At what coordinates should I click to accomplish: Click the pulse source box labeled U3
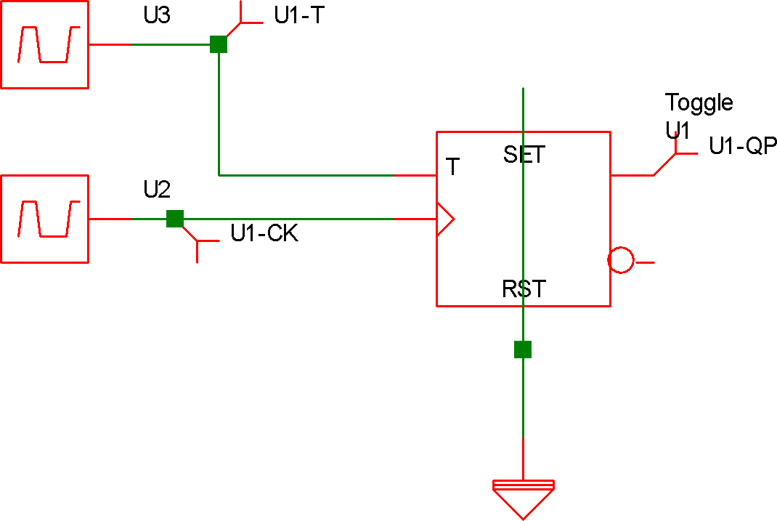click(44, 44)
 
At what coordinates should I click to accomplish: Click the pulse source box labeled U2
click(44, 219)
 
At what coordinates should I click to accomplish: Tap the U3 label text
click(157, 16)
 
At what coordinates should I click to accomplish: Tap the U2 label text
click(157, 190)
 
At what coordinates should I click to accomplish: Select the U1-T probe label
click(298, 16)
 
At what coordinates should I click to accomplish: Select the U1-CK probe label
click(264, 234)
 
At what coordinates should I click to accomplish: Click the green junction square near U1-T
click(219, 44)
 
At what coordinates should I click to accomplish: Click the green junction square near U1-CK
click(175, 219)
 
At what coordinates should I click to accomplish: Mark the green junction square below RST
click(523, 350)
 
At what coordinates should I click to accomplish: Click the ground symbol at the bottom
click(523, 498)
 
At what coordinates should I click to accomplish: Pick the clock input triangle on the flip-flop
click(444, 219)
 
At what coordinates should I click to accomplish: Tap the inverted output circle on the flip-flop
click(621, 261)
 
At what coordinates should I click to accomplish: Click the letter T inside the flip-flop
click(453, 168)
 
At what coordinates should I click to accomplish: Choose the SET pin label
click(524, 155)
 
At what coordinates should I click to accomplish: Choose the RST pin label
click(524, 289)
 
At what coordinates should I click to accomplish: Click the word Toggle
click(699, 103)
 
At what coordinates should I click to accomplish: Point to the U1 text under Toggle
click(677, 131)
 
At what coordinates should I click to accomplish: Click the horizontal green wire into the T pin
click(305, 175)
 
